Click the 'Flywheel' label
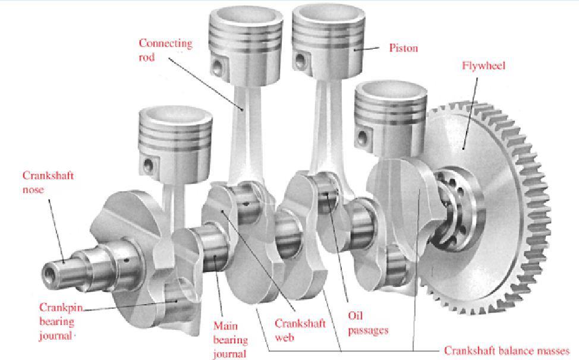coord(483,65)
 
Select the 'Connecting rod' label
coord(165,50)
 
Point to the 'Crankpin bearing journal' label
coord(57,321)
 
